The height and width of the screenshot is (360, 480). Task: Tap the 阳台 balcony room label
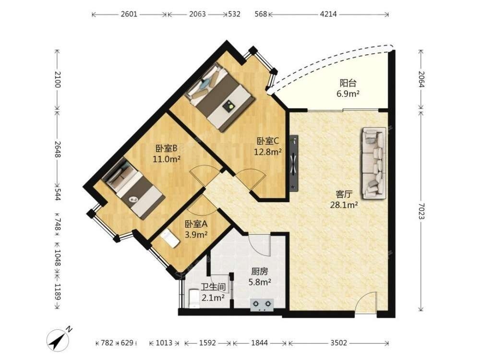pyautogui.click(x=348, y=83)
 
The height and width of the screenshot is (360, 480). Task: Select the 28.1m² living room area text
pyautogui.click(x=344, y=205)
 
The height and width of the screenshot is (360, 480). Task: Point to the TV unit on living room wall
pyautogui.click(x=294, y=163)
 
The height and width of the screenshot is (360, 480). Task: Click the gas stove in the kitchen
pyautogui.click(x=262, y=305)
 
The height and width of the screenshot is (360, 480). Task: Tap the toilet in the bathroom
pyautogui.click(x=194, y=298)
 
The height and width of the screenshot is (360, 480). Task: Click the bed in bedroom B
pyautogui.click(x=133, y=187)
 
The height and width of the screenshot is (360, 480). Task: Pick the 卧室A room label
pyautogui.click(x=196, y=224)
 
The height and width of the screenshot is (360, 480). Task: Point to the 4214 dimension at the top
pyautogui.click(x=328, y=14)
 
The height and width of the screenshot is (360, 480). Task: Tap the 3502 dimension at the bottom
pyautogui.click(x=338, y=343)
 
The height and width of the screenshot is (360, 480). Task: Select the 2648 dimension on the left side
pyautogui.click(x=58, y=149)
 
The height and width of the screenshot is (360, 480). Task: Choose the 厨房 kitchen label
pyautogui.click(x=260, y=272)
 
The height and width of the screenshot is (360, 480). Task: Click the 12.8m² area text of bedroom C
pyautogui.click(x=268, y=151)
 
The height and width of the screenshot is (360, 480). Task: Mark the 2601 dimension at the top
pyautogui.click(x=129, y=14)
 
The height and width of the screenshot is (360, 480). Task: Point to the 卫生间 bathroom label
pyautogui.click(x=214, y=288)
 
